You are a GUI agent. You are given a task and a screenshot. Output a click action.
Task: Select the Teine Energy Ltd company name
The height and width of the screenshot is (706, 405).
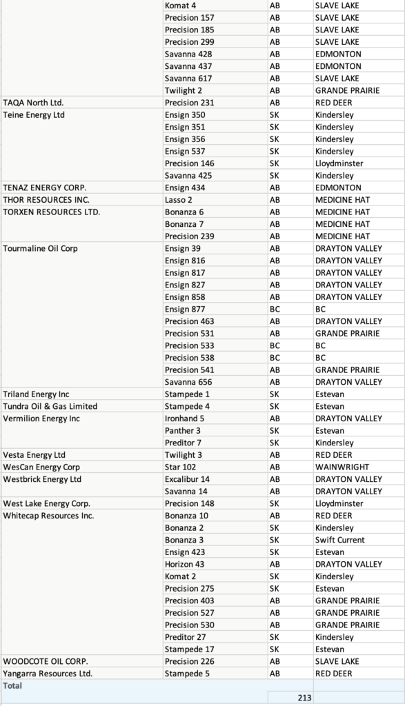[34, 115]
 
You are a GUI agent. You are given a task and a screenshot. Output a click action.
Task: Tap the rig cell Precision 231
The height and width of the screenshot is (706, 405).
[190, 103]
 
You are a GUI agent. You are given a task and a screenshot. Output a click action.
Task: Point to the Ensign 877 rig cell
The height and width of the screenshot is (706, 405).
[184, 309]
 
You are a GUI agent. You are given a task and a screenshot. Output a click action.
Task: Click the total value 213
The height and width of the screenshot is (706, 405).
[304, 698]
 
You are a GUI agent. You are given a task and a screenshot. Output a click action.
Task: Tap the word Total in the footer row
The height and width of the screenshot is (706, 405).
[12, 685]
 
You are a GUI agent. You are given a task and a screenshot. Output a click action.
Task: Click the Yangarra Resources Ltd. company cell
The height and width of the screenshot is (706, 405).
[48, 674]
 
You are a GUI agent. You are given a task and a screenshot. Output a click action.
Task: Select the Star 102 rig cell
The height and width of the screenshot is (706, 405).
[180, 467]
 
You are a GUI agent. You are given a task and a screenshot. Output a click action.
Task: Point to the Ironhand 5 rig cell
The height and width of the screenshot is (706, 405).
[184, 418]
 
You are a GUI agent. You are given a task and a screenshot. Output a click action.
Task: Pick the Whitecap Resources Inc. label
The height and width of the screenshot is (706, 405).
[48, 516]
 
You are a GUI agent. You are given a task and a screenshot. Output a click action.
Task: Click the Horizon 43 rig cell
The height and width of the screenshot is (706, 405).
[184, 564]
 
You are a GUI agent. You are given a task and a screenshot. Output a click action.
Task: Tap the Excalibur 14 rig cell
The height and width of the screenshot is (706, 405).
[187, 479]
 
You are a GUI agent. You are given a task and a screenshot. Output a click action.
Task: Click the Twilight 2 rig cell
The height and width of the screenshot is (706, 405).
[183, 90]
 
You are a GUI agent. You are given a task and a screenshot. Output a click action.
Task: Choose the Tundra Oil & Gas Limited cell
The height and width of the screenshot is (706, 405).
[50, 406]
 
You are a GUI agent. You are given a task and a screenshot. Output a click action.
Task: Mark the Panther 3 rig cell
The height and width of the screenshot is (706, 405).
[183, 430]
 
